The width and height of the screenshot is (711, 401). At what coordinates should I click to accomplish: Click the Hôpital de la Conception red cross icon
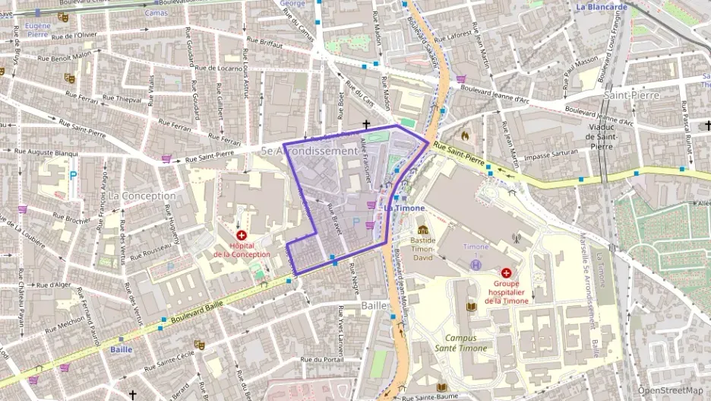coord(242,236)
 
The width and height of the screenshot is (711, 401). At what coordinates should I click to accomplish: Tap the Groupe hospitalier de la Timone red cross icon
coord(506,272)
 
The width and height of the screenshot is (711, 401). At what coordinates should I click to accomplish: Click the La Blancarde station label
coord(602,7)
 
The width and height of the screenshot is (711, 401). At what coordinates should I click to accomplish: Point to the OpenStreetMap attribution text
coord(671,390)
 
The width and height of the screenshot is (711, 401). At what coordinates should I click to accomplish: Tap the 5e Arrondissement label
coord(308,151)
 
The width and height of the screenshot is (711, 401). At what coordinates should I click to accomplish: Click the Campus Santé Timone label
coord(466,342)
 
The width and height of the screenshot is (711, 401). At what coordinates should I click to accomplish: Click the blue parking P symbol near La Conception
coord(73,175)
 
